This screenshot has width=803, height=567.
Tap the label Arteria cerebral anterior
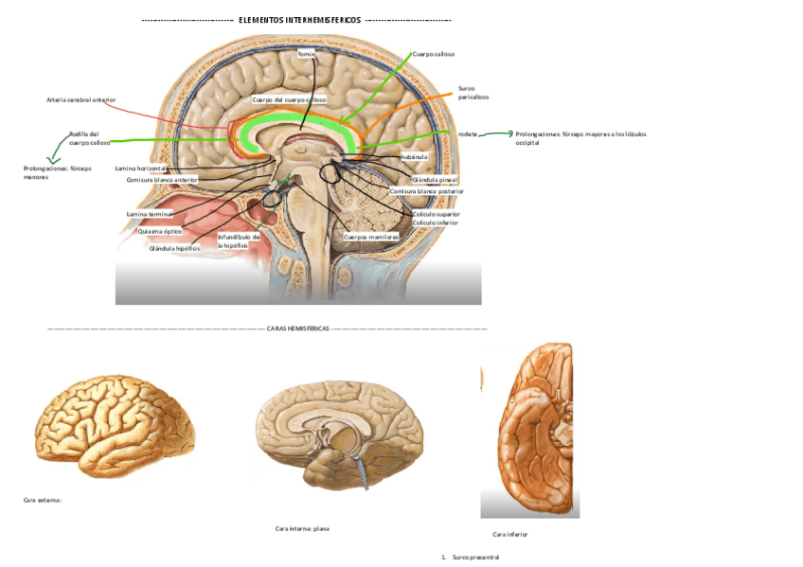click(x=80, y=99)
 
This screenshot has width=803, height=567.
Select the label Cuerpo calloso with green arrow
click(x=434, y=55)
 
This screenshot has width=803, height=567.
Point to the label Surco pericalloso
click(x=473, y=92)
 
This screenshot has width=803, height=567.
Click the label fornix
click(x=305, y=55)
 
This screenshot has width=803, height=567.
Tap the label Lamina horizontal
click(x=140, y=168)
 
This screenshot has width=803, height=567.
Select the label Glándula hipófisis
click(x=173, y=248)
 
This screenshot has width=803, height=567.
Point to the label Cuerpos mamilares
click(x=370, y=236)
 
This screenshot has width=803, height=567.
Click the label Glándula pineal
click(x=436, y=179)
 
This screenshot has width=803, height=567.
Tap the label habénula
click(x=415, y=156)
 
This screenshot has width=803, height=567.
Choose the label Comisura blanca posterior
click(x=426, y=190)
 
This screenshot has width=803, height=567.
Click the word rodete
click(x=467, y=134)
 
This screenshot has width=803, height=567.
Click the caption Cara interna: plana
click(x=301, y=528)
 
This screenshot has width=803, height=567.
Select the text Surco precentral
click(x=475, y=558)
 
